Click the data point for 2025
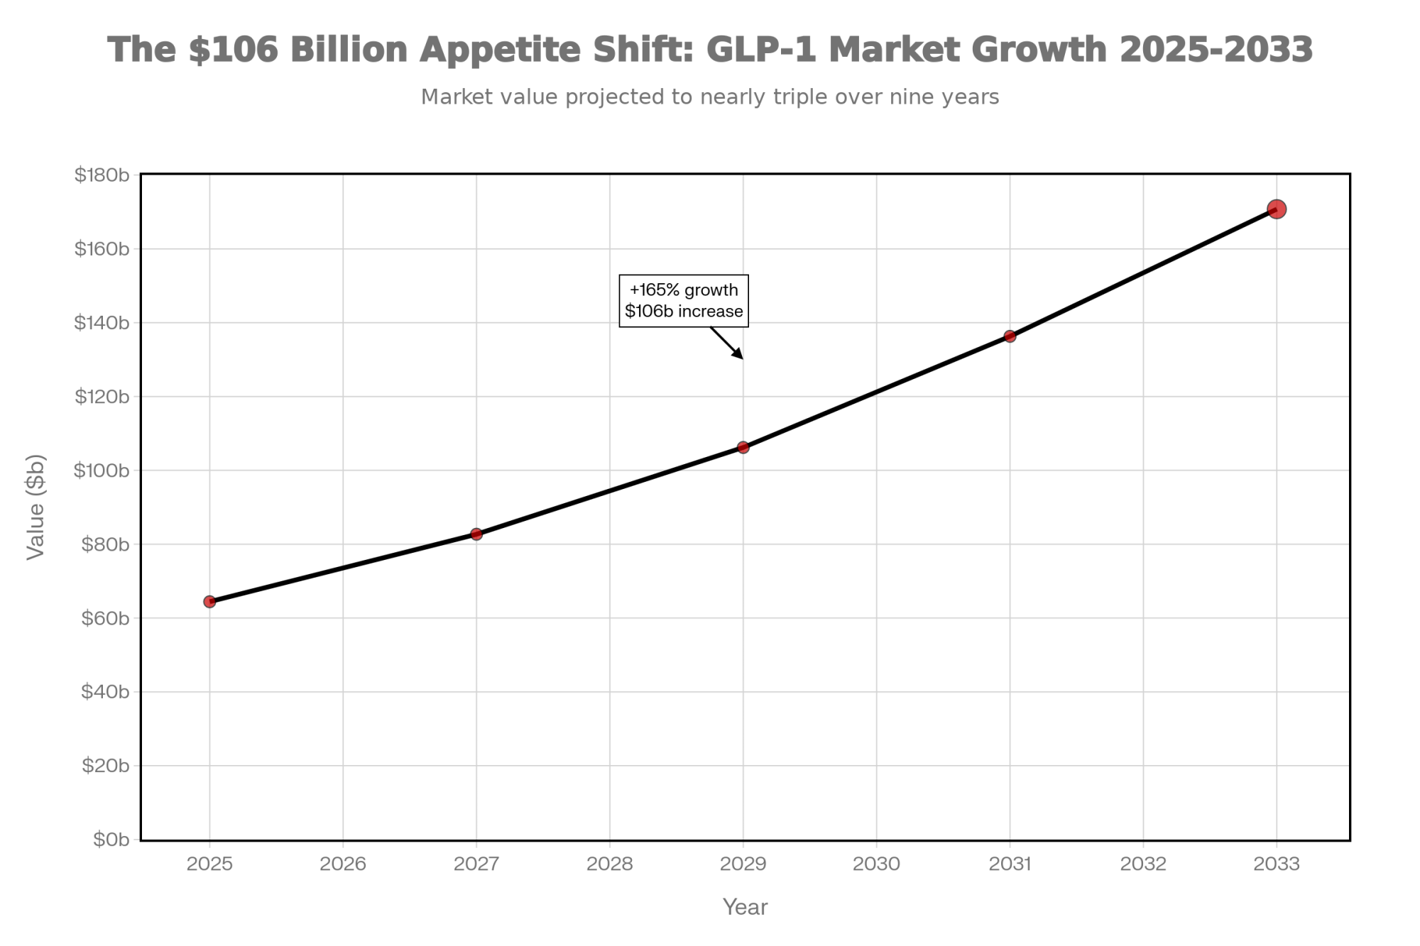click(209, 602)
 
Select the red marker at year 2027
click(476, 534)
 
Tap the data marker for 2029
click(743, 447)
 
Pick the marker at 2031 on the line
click(1010, 336)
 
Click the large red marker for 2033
click(1277, 209)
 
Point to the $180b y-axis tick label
click(102, 175)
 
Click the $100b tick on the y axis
click(102, 471)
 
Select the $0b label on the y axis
click(111, 840)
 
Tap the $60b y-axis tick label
click(106, 618)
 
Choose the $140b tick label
click(102, 323)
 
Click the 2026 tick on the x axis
click(343, 864)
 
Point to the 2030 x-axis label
click(876, 864)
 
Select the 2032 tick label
click(1143, 864)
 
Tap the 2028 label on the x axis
click(610, 864)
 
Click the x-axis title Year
click(745, 907)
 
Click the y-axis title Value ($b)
click(35, 507)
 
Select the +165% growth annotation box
click(684, 301)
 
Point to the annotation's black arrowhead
click(739, 354)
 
